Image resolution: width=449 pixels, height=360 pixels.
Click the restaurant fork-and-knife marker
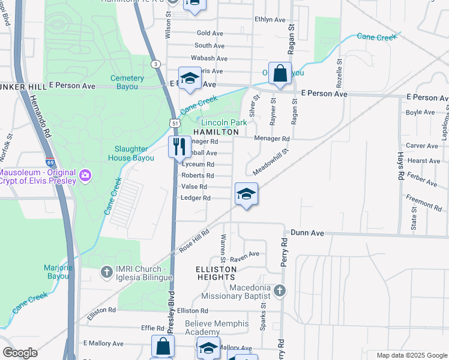point(179,146)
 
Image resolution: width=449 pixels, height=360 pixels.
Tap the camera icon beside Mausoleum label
point(85,175)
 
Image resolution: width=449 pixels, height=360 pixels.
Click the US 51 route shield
point(174,122)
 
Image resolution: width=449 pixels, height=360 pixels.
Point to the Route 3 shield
point(156,64)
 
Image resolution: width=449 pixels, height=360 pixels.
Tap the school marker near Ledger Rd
point(246,194)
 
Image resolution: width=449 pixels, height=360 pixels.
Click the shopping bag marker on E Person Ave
point(280,74)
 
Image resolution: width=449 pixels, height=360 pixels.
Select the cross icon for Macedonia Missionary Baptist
point(279,291)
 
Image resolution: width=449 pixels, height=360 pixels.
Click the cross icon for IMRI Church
point(106,272)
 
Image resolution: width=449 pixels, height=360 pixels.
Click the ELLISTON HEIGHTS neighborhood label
point(215,273)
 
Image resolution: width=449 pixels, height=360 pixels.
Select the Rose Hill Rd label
point(193,241)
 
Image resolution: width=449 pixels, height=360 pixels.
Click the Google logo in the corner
point(20,353)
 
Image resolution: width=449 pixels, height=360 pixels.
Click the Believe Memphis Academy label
point(217,328)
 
